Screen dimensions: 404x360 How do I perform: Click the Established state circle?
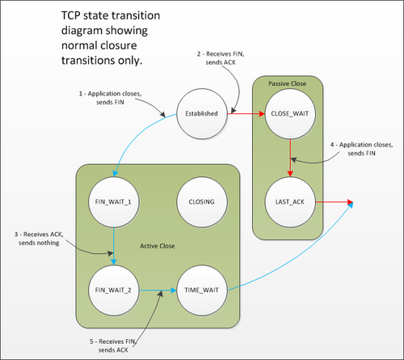pyautogui.click(x=202, y=113)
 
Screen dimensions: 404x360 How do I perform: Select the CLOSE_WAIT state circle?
pyautogui.click(x=290, y=113)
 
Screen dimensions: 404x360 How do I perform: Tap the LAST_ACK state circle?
pyautogui.click(x=290, y=202)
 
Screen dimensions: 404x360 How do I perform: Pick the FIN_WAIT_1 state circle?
pyautogui.click(x=113, y=202)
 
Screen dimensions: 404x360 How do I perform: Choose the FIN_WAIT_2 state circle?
pyautogui.click(x=113, y=290)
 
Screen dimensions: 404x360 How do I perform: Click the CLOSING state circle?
pyautogui.click(x=202, y=202)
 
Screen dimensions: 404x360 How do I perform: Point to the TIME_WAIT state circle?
pyautogui.click(x=202, y=290)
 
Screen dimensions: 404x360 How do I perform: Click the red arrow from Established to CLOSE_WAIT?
pyautogui.click(x=246, y=113)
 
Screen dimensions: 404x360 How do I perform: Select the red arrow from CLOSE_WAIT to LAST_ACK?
pyautogui.click(x=290, y=158)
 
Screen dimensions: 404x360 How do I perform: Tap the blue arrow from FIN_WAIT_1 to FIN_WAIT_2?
pyautogui.click(x=114, y=246)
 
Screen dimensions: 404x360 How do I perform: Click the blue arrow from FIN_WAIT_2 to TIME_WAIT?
pyautogui.click(x=158, y=290)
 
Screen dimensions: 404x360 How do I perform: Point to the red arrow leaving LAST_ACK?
pyautogui.click(x=335, y=201)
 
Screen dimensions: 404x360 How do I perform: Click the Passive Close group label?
pyautogui.click(x=287, y=83)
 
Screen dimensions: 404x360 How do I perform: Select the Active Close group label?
pyautogui.click(x=158, y=246)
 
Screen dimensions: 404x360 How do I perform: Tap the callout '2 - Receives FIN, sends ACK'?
pyautogui.click(x=221, y=58)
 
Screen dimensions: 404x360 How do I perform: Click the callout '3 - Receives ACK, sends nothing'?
pyautogui.click(x=39, y=239)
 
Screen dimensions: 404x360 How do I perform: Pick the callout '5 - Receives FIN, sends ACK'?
pyautogui.click(x=113, y=345)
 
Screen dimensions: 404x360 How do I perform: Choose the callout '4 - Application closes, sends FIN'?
pyautogui.click(x=361, y=149)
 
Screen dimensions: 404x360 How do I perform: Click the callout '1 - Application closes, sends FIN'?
pyautogui.click(x=110, y=98)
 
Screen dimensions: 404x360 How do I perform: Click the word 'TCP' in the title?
pyautogui.click(x=71, y=15)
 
